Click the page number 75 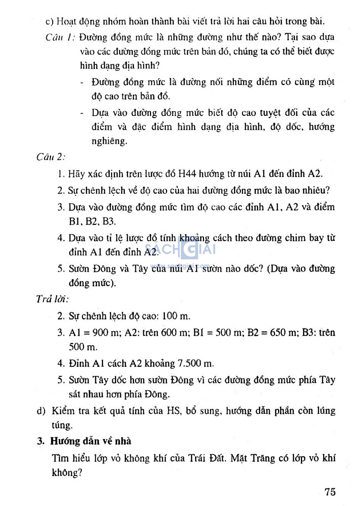coord(330,492)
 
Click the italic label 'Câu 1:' coord(59,37)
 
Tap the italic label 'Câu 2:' coord(51,157)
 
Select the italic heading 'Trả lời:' coord(52,299)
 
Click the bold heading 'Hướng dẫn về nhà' coord(91,441)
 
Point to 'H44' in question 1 coord(187,174)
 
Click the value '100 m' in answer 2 coord(176,316)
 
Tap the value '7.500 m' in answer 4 coord(195,363)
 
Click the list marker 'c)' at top coord(49,22)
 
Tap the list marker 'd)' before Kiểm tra coord(41,411)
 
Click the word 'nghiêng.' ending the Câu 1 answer coord(109,141)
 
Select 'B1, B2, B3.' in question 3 coord(92,221)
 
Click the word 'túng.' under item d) coord(62,425)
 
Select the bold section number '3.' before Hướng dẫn coord(41,441)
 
